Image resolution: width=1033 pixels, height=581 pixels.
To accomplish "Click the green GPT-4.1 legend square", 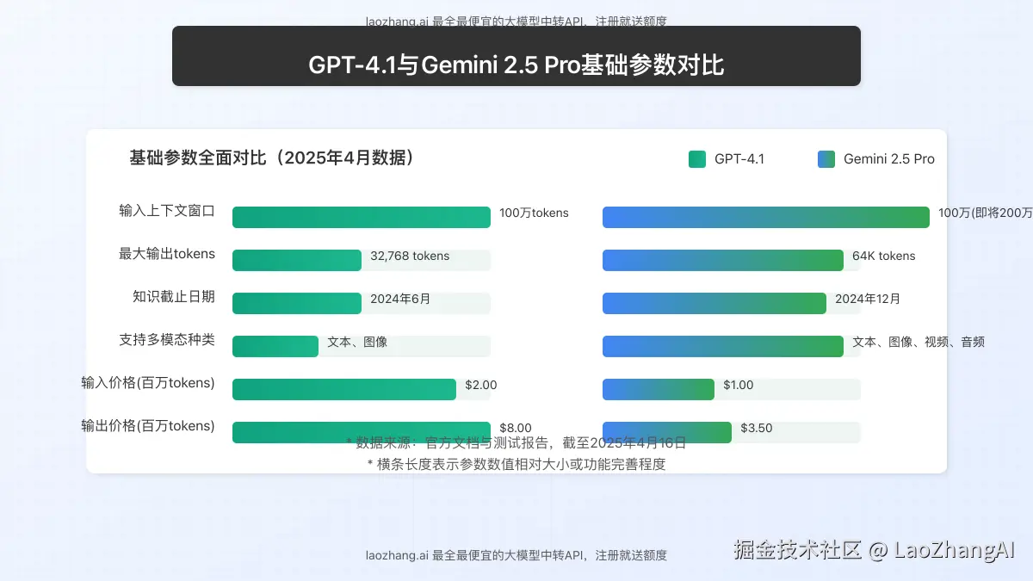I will coord(697,159).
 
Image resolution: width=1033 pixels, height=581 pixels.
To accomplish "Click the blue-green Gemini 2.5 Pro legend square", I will coord(826,159).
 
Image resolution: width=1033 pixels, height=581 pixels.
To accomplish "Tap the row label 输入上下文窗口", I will coord(167,210).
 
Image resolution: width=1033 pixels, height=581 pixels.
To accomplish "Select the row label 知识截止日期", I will coord(173,296).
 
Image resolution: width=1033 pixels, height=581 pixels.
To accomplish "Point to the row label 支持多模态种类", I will coord(167,339).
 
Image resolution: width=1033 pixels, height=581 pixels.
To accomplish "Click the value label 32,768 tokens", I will coord(410,256).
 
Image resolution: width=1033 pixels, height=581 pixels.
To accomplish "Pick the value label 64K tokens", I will coord(883,256).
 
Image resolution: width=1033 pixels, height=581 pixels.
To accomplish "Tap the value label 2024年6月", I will coord(400,299).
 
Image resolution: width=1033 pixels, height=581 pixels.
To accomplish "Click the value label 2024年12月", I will coord(868,299).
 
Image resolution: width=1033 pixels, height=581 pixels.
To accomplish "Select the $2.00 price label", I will coord(481,385).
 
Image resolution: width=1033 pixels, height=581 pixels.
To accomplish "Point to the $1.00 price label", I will coord(739,385).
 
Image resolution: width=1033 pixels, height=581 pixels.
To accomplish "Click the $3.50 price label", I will coord(757,428).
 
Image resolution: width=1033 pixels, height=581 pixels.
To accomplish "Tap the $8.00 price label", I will coord(516,428).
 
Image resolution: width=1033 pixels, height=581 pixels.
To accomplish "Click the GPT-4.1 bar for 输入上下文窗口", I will coord(362,217).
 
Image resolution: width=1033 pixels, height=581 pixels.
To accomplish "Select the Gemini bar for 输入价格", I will coord(659,389).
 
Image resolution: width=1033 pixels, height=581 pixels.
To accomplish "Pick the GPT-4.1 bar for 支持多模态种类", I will coord(275,346).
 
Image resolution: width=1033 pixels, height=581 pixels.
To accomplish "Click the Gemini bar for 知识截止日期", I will coord(714,303).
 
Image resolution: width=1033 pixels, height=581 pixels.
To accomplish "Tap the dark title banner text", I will coord(516,65).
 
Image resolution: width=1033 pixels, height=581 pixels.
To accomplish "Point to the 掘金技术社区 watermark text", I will coord(797,549).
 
